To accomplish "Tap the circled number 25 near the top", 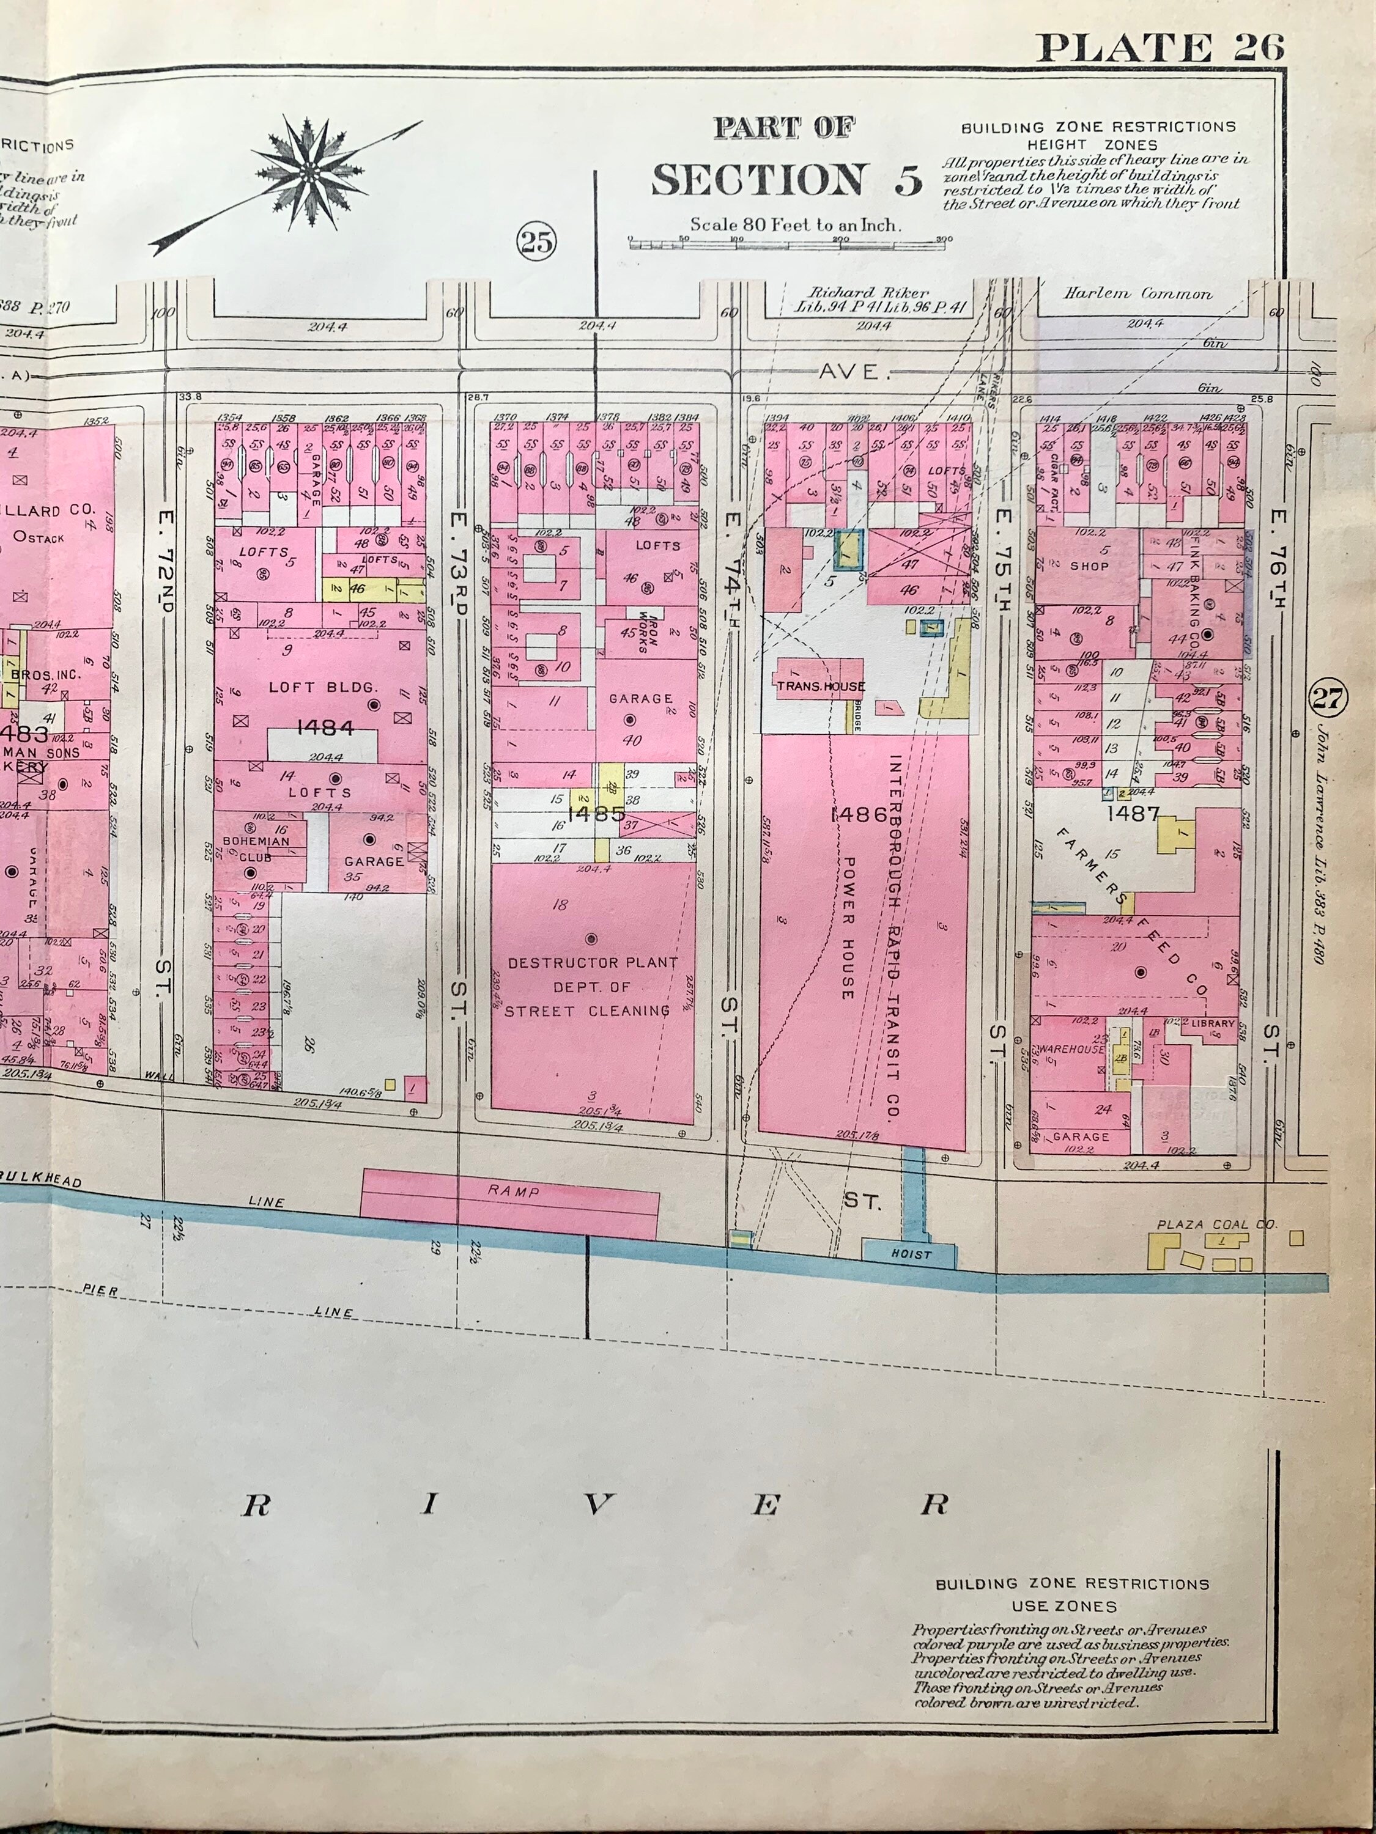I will point(536,242).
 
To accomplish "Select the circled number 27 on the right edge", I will point(1325,698).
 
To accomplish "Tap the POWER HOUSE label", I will point(848,926).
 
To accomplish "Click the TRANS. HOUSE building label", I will point(820,687).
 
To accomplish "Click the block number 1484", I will point(325,728).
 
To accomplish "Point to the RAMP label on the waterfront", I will point(514,1191).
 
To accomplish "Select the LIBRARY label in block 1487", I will point(1213,1023).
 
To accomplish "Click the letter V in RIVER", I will point(594,1505).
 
